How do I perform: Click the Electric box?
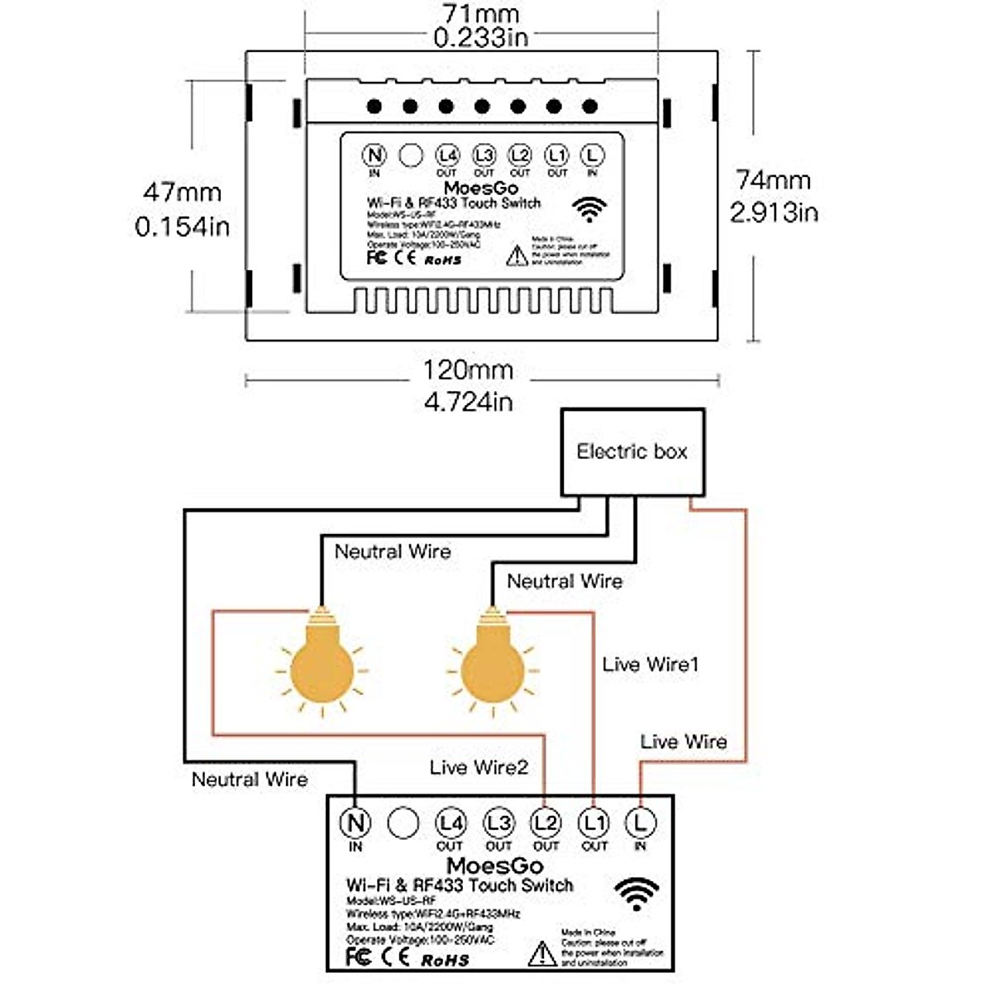632,451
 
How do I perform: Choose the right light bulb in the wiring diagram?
494,661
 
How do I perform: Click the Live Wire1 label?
651,664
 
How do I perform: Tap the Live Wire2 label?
479,767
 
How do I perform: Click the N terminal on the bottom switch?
355,823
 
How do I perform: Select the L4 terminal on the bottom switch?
451,823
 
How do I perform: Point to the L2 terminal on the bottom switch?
546,823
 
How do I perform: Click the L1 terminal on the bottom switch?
594,823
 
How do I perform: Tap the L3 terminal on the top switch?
484,155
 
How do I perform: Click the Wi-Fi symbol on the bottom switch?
637,894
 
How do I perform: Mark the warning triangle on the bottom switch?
542,953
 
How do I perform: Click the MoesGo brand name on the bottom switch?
494,866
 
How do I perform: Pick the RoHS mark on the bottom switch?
445,960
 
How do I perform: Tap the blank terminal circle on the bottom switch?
403,823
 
